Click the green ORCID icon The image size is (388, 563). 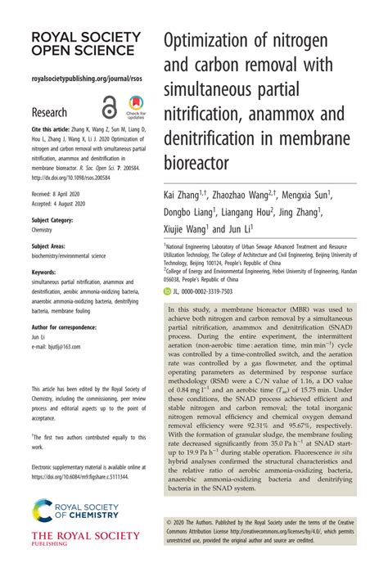pyautogui.click(x=167, y=291)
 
